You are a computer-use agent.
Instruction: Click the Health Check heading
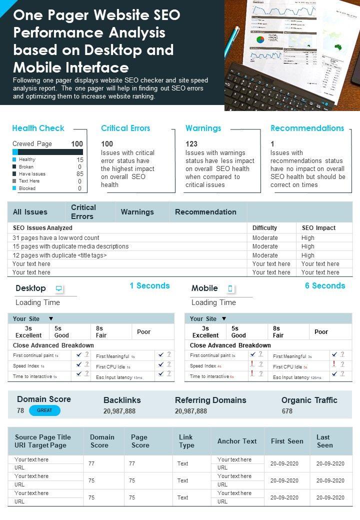coord(38,128)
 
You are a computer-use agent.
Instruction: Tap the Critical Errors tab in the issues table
coord(83,212)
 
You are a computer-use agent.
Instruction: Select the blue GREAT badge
coord(44,410)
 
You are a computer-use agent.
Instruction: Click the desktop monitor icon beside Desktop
coord(59,288)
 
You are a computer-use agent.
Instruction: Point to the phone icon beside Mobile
coord(230,288)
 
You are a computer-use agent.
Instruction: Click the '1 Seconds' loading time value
coord(149,286)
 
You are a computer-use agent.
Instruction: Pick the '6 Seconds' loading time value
coord(325,286)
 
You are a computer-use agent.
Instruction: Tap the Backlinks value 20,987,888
coord(119,411)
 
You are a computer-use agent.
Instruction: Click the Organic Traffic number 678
coord(287,411)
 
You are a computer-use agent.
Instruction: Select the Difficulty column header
coord(264,228)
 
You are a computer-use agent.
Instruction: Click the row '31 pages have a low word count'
coord(56,238)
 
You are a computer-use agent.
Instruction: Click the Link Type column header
coord(186,441)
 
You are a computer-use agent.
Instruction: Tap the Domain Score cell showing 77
coord(91,463)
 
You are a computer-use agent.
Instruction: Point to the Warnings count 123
coord(191,144)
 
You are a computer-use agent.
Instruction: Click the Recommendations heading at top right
coord(307,128)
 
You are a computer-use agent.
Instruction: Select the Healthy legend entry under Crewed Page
coord(27,159)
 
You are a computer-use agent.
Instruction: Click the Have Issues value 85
coord(79,174)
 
